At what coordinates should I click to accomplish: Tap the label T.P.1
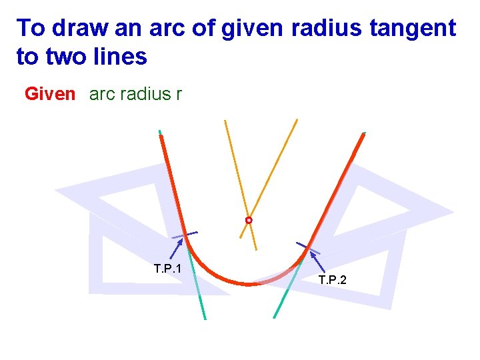click(167, 269)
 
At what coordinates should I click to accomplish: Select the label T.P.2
click(332, 280)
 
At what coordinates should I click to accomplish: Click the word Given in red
click(50, 94)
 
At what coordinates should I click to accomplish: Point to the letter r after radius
click(178, 94)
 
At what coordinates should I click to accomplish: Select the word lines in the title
click(120, 57)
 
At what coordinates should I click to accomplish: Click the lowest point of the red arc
click(248, 284)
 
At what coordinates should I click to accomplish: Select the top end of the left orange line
click(225, 121)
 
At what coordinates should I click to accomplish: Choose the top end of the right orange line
click(297, 120)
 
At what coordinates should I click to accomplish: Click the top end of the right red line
click(363, 135)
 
